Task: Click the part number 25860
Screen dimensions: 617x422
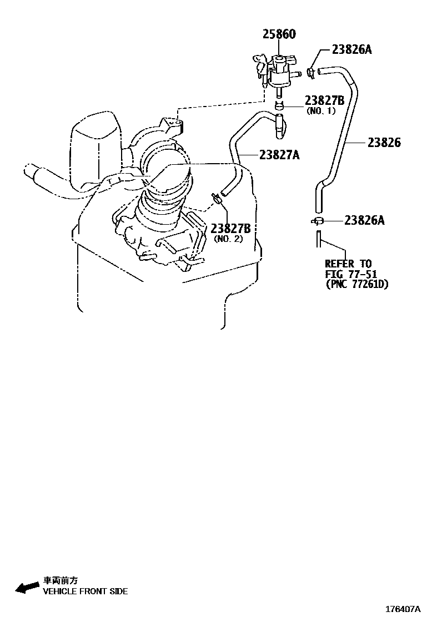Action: click(x=279, y=34)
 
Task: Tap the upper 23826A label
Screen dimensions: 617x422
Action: click(x=351, y=49)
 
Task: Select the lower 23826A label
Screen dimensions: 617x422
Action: click(x=364, y=220)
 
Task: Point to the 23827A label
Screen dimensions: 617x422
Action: click(x=278, y=155)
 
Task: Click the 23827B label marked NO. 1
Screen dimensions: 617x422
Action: click(x=325, y=100)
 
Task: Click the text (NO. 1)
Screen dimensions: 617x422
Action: click(x=321, y=110)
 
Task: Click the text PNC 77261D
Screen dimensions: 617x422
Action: click(x=356, y=285)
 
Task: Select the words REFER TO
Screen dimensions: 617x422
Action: click(x=348, y=264)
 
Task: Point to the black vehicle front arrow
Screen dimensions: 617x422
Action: click(x=26, y=588)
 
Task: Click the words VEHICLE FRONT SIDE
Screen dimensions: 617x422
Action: click(x=86, y=591)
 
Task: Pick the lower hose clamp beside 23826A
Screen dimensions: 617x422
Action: click(x=317, y=221)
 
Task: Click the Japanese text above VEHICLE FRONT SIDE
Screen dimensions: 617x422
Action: click(x=61, y=581)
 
